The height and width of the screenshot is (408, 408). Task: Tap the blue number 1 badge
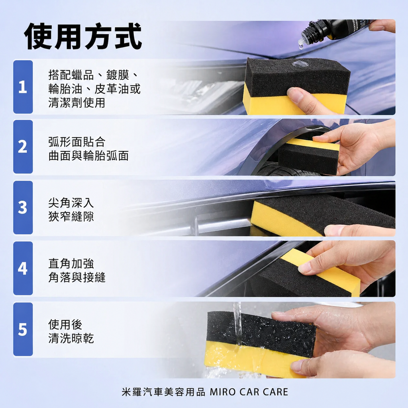pyautogui.click(x=23, y=87)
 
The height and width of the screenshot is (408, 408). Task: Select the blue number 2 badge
pyautogui.click(x=23, y=147)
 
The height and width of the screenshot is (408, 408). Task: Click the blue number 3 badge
pyautogui.click(x=23, y=208)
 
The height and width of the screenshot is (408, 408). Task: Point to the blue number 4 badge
pyautogui.click(x=23, y=268)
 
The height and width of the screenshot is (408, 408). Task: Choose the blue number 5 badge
pyautogui.click(x=23, y=329)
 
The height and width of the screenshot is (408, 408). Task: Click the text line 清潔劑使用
pyautogui.click(x=76, y=102)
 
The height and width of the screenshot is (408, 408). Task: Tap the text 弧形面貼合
pyautogui.click(x=76, y=141)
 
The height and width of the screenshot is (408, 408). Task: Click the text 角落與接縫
pyautogui.click(x=76, y=278)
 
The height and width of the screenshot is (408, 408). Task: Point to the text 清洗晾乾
pyautogui.click(x=71, y=338)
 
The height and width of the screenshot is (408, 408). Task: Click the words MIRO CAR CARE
pyautogui.click(x=249, y=392)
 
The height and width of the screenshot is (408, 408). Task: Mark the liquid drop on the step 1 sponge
pyautogui.click(x=300, y=64)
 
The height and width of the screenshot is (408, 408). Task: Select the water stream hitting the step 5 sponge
pyautogui.click(x=237, y=323)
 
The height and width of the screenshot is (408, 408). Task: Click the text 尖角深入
pyautogui.click(x=71, y=203)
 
